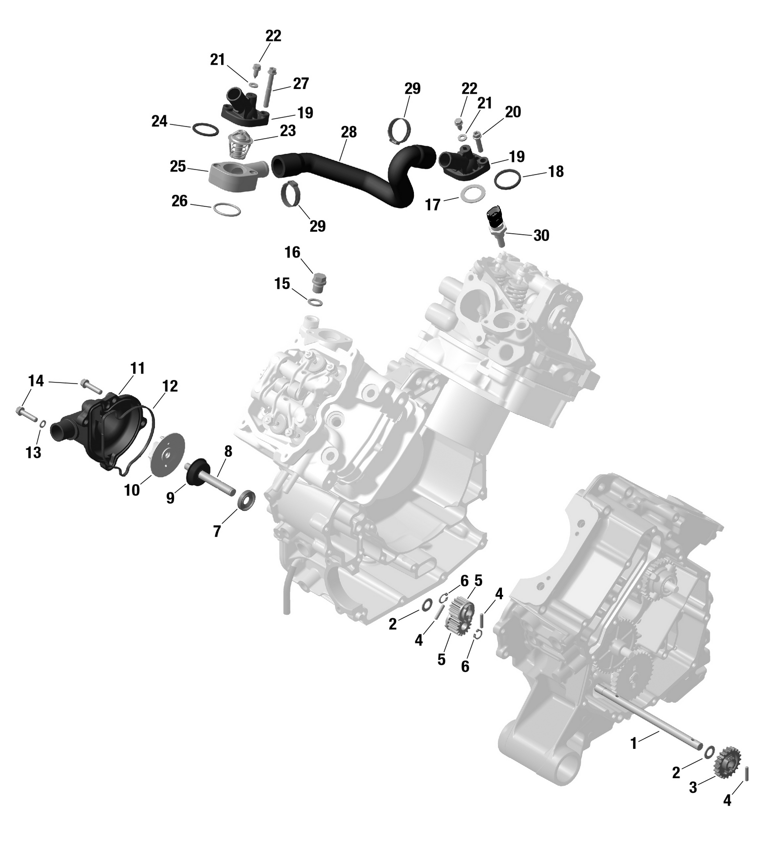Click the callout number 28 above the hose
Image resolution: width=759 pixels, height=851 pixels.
coord(349,132)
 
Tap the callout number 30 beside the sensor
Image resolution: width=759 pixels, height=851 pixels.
coord(541,235)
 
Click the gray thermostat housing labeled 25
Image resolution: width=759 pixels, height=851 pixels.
coord(234,175)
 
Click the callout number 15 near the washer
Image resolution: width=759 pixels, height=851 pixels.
coord(282,283)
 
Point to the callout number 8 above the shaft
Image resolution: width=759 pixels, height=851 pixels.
coord(228,451)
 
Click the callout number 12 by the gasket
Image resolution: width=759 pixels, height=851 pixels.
coord(170,386)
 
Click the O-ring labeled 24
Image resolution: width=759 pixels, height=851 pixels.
coord(205,130)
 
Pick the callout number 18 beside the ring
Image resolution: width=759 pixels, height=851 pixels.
coord(556,172)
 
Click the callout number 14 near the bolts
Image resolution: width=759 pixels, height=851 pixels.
coord(36,380)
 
